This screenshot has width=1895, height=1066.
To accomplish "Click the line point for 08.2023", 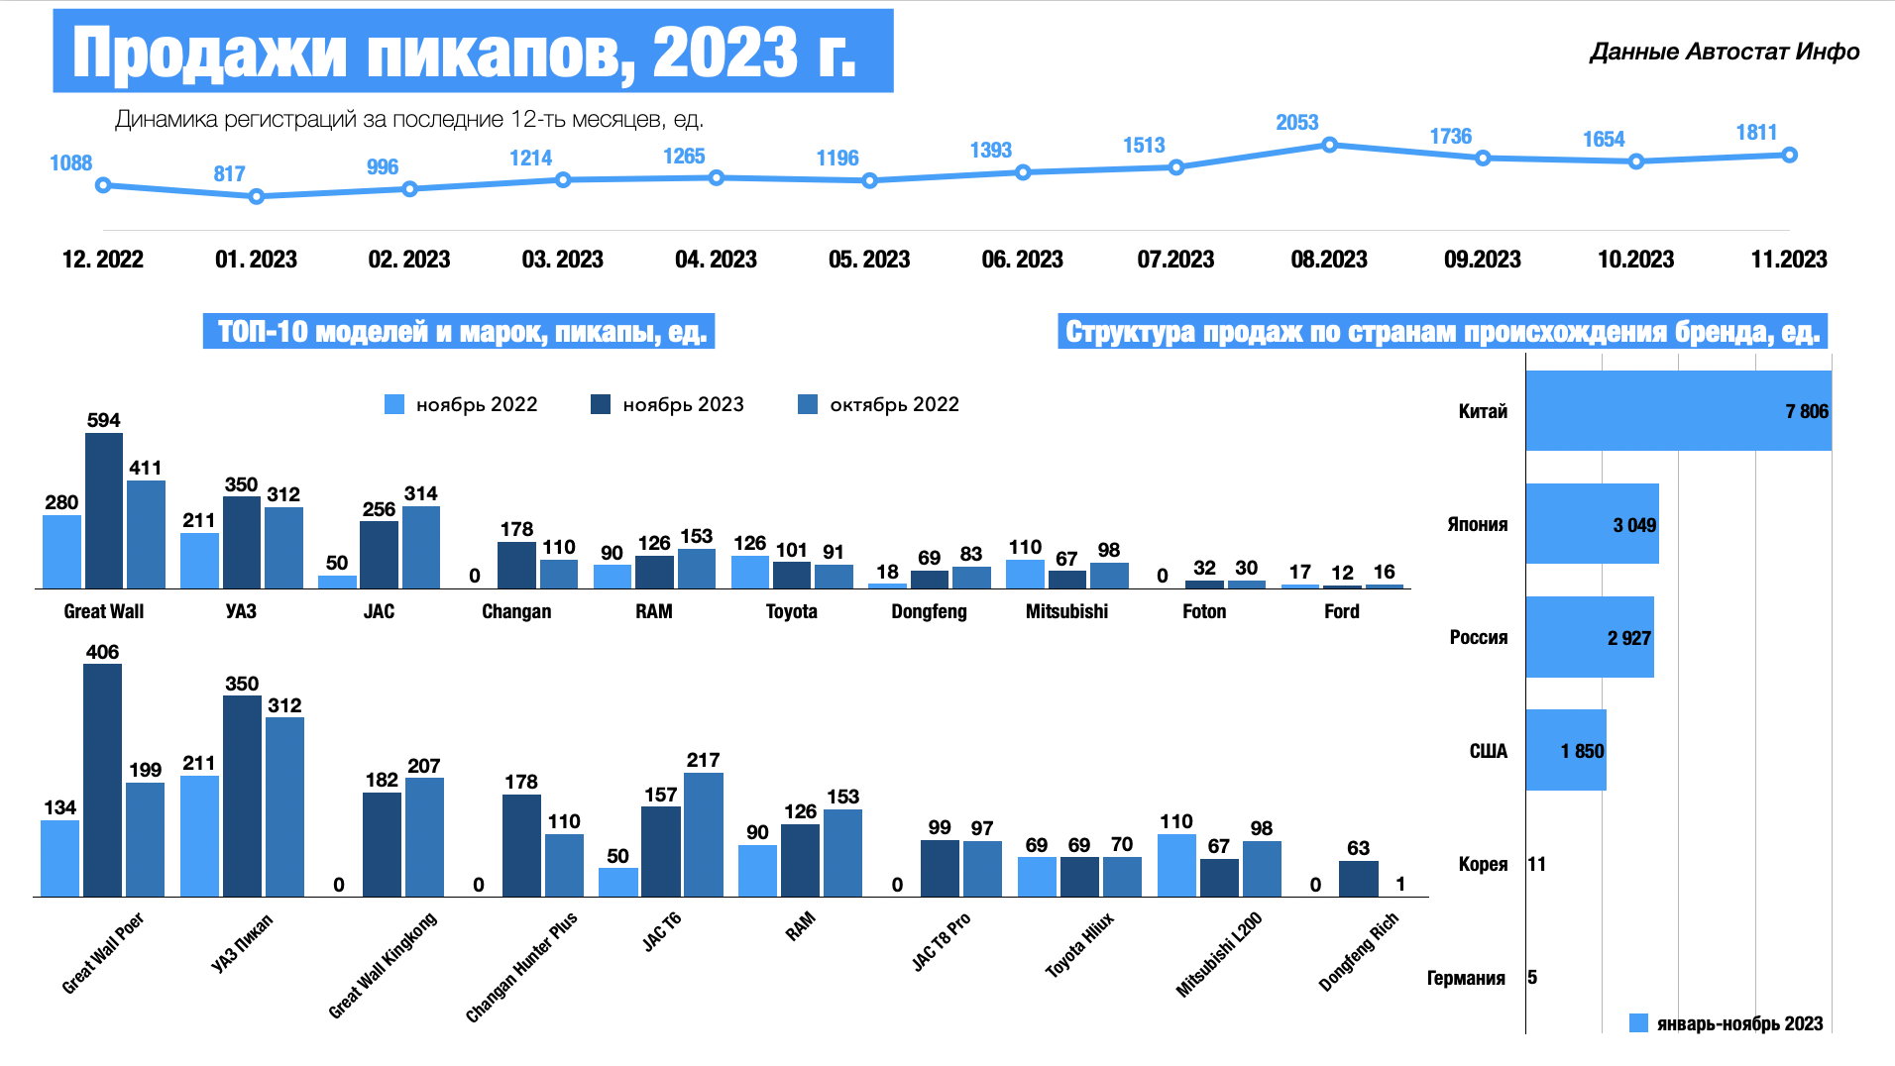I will point(1329,145).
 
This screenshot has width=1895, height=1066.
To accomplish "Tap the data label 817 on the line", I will point(229,174).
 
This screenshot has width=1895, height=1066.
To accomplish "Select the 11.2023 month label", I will point(1788,260).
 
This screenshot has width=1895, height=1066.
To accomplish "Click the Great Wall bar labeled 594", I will point(104,510).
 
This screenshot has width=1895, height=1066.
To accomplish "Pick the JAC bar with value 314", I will point(421,547).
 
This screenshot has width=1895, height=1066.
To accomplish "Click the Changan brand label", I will point(516,611).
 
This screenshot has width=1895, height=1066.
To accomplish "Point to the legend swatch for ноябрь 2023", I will point(601,404).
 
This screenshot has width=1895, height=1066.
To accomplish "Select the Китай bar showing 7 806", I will point(1678,411).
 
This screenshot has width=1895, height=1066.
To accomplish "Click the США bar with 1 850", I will point(1566,750).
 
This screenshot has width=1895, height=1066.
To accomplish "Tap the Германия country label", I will point(1466,978).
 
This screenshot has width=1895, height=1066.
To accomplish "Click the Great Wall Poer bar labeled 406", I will point(103,780).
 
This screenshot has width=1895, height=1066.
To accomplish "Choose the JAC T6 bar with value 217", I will point(704,834).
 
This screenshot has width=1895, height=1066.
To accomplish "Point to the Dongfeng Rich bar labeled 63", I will point(1358,878).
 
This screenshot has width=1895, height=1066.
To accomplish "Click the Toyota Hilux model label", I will point(1079,945).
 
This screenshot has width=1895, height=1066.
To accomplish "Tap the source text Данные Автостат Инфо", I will point(1724,52).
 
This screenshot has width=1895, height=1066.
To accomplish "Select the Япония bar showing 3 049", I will point(1592,524).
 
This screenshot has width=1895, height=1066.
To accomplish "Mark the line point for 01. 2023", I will point(257,196).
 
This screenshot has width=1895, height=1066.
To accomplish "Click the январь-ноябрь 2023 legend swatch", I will point(1638,1023).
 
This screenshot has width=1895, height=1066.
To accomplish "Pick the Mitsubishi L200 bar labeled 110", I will point(1176,865).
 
